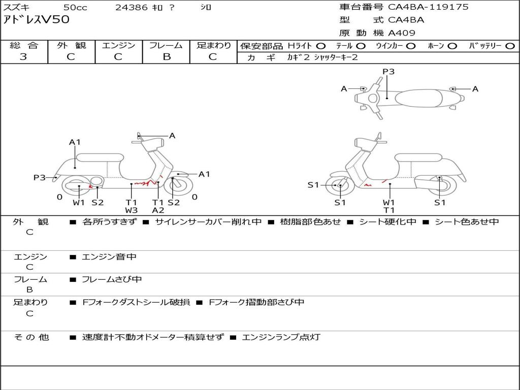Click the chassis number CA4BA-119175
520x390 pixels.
pyautogui.click(x=428, y=7)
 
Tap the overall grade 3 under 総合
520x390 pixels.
pyautogui.click(x=23, y=56)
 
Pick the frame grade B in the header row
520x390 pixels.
pyautogui.click(x=167, y=56)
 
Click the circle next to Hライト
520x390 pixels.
pyautogui.click(x=321, y=46)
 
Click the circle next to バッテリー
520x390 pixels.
pyautogui.click(x=510, y=46)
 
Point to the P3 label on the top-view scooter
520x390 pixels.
pyautogui.click(x=388, y=72)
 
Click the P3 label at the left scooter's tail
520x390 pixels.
pyautogui.click(x=39, y=178)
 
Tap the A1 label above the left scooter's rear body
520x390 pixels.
pyautogui.click(x=75, y=142)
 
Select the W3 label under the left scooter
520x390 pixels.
pyautogui.click(x=132, y=210)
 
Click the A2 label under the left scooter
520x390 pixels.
pyautogui.click(x=158, y=210)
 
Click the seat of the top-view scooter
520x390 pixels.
pyautogui.click(x=418, y=98)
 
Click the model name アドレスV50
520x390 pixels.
pyautogui.click(x=36, y=20)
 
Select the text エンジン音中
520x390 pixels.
pyautogui.click(x=109, y=256)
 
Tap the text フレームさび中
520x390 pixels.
pyautogui.click(x=112, y=280)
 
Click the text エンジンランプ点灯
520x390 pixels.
pyautogui.click(x=281, y=337)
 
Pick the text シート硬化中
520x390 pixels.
pyautogui.click(x=387, y=221)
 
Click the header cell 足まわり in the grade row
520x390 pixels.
pyautogui.click(x=213, y=45)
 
